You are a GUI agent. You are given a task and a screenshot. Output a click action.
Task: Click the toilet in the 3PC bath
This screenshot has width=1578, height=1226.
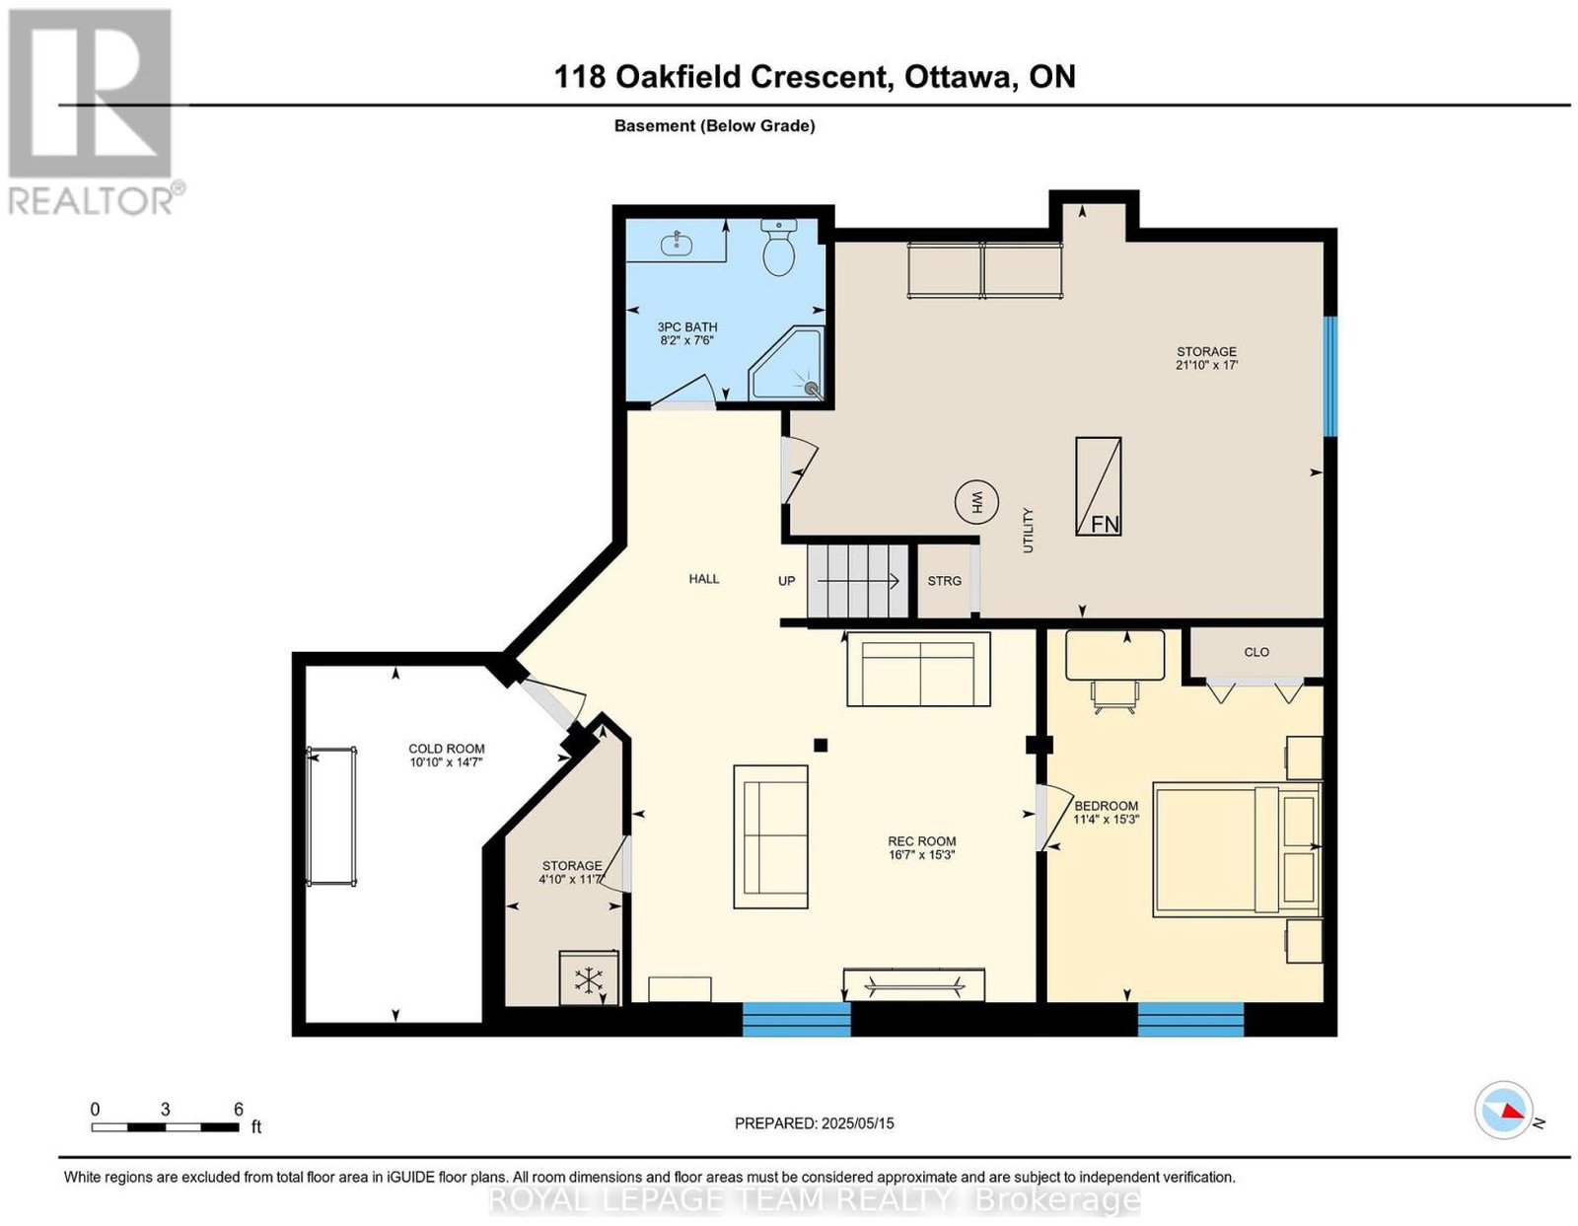click(778, 247)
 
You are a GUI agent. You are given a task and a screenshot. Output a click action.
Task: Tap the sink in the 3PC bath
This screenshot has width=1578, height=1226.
click(677, 244)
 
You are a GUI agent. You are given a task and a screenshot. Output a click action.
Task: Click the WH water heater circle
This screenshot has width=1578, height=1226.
click(976, 502)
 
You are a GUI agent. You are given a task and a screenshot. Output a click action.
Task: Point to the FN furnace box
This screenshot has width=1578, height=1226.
click(1098, 486)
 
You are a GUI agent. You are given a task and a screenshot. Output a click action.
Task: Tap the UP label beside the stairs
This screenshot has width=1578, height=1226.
click(786, 581)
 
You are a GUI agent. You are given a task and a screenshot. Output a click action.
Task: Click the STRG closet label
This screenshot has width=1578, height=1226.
click(944, 581)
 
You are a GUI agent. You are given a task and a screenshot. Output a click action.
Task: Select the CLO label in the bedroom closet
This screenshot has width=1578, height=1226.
click(1256, 652)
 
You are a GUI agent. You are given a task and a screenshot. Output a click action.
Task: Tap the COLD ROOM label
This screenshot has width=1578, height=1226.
click(446, 749)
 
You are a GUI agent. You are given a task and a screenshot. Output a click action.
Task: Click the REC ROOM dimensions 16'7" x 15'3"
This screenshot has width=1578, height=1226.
click(921, 854)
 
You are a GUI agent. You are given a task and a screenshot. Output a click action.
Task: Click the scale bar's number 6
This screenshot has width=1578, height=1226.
click(239, 1110)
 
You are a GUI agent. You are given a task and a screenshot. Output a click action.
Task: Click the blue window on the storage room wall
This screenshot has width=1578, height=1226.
click(1329, 376)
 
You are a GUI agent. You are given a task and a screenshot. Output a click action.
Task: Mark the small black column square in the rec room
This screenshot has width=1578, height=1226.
click(821, 745)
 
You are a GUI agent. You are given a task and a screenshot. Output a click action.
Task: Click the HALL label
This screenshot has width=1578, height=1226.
click(703, 579)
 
